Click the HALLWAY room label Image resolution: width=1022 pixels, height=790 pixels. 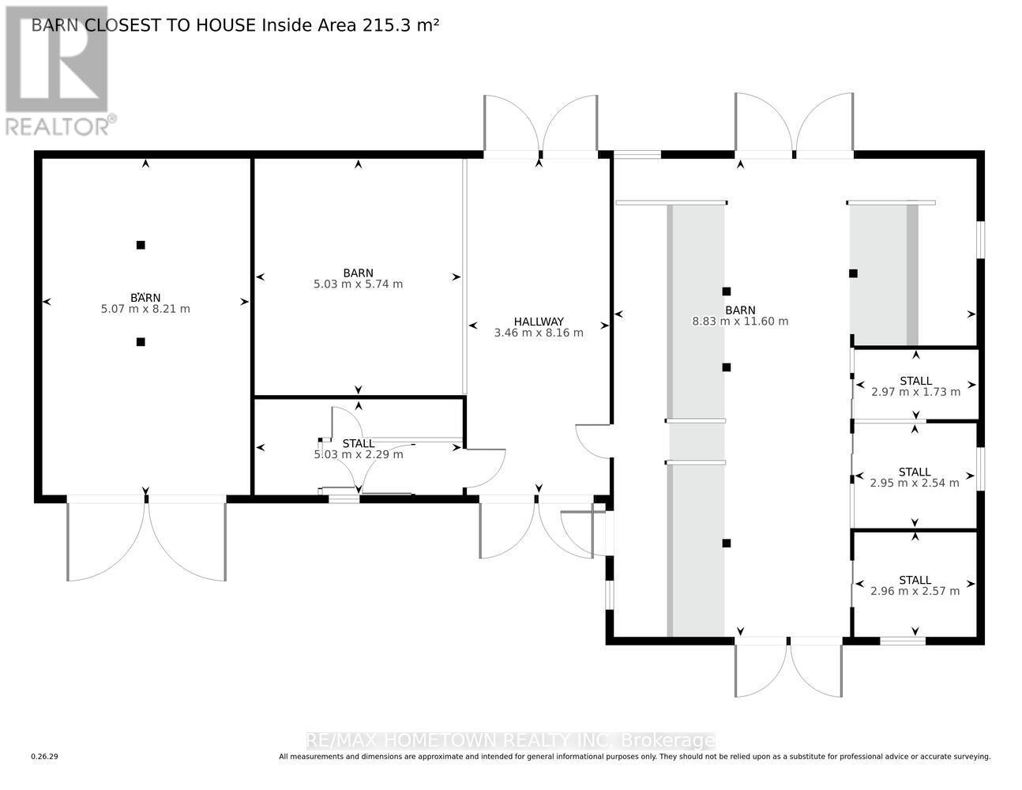[539, 322]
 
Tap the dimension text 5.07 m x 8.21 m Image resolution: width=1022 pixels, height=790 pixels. [145, 309]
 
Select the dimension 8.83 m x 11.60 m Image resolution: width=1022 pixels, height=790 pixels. [740, 322]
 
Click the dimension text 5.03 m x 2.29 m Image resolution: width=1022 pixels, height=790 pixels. [359, 454]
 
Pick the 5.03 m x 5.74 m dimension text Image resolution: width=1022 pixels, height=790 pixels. [358, 284]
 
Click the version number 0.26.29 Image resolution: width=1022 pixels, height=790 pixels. [45, 757]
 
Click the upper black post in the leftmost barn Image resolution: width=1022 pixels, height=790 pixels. [141, 245]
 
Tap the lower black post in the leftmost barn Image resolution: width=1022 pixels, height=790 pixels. [141, 342]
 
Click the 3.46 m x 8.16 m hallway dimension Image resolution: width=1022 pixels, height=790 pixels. [539, 333]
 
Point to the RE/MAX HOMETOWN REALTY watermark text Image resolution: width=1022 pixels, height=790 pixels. [510, 740]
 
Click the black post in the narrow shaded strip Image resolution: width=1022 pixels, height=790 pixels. [853, 273]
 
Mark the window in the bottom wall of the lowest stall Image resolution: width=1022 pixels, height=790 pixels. [902, 641]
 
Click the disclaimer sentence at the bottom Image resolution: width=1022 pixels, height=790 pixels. [634, 757]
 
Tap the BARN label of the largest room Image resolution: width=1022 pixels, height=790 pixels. [740, 310]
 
